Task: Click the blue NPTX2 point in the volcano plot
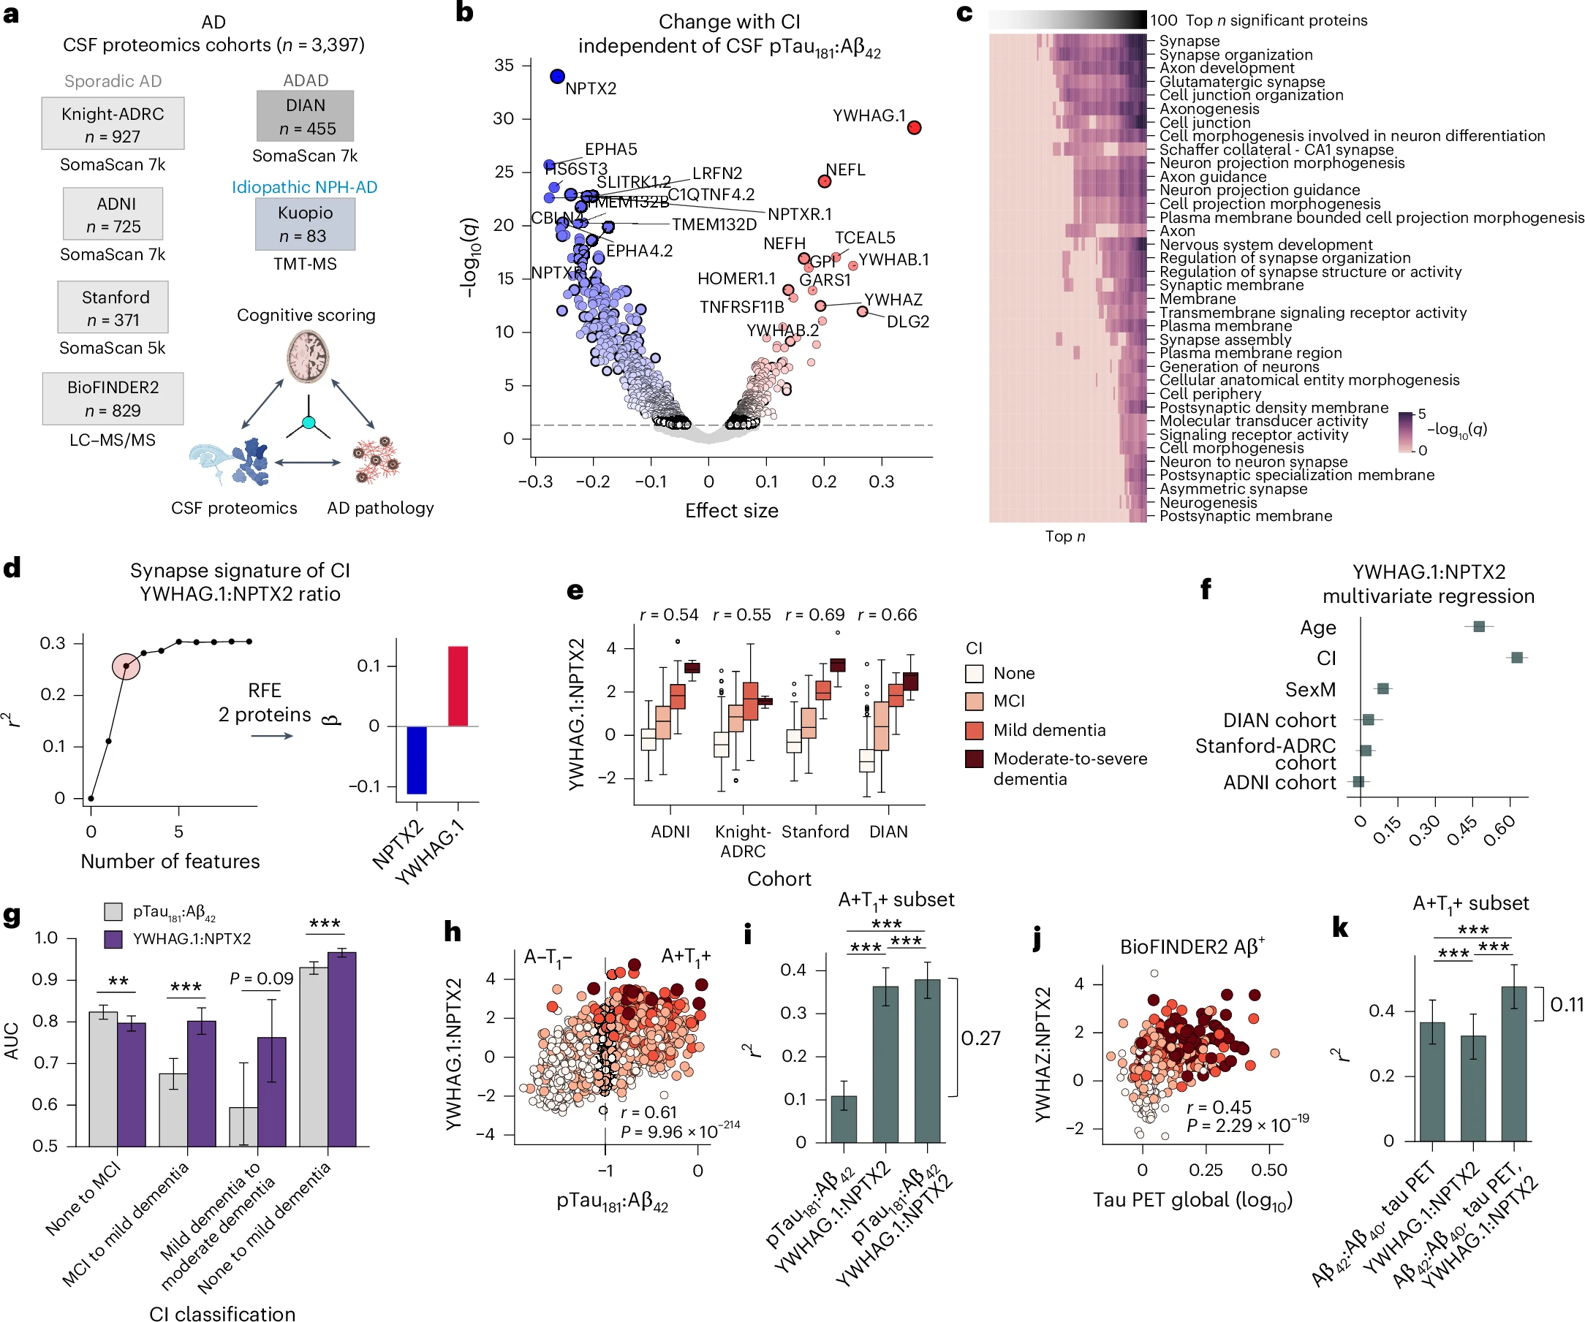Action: coord(557,76)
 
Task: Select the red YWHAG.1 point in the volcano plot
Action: coord(914,127)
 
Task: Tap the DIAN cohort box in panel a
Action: coord(305,116)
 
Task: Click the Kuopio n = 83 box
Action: coord(305,224)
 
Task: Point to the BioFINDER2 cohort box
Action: coord(113,398)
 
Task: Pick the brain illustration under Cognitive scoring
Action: coord(307,357)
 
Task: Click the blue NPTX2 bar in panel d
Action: coord(417,760)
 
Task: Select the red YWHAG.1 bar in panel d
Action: coord(458,686)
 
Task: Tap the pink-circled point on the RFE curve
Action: coord(126,667)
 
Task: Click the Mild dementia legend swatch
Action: coord(974,730)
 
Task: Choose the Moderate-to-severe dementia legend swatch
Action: coord(974,759)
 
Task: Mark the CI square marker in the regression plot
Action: coord(1516,658)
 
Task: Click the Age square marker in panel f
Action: coord(1478,626)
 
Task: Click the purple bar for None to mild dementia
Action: coord(342,1049)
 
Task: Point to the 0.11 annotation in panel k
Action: coord(1566,1004)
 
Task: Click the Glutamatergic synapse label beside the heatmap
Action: coord(1241,82)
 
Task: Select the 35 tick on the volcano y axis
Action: coord(504,66)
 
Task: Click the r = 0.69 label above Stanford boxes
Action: coord(814,615)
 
